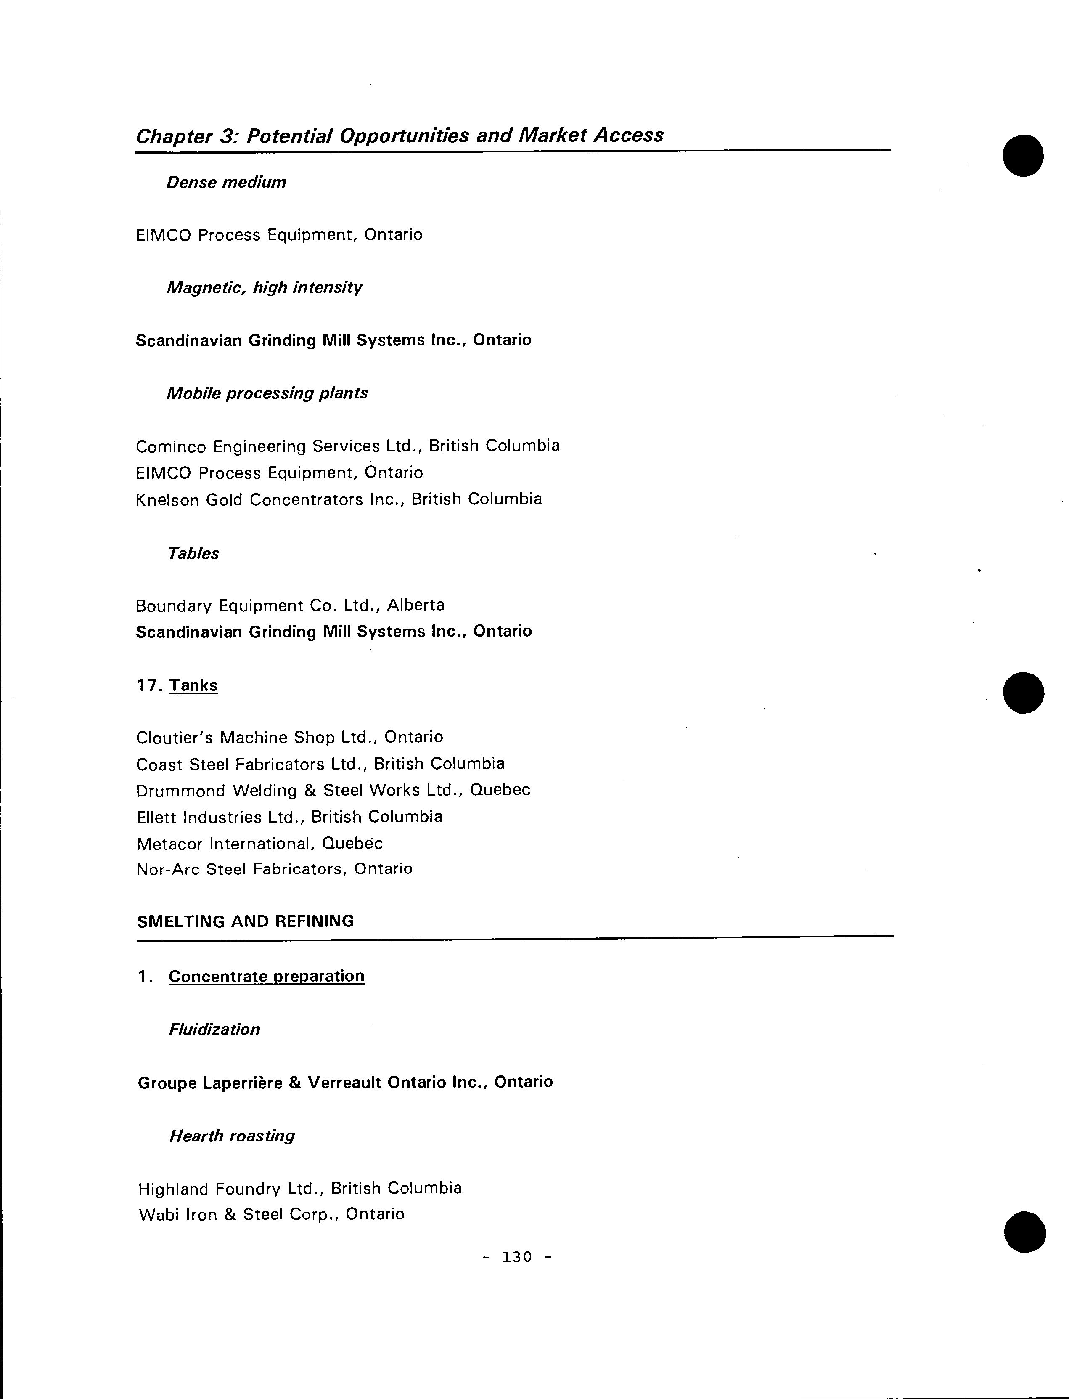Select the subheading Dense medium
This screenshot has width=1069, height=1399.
[x=226, y=183]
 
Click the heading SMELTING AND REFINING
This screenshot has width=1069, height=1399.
[x=246, y=921]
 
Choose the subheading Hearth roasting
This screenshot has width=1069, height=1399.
[x=232, y=1136]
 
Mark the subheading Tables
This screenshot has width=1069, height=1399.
[x=193, y=554]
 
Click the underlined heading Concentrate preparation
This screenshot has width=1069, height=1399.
[x=267, y=977]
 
